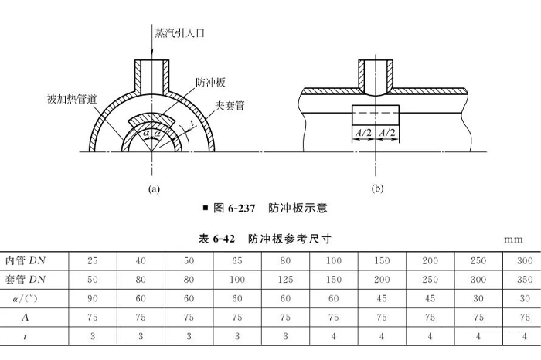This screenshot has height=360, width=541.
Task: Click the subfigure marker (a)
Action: (x=153, y=188)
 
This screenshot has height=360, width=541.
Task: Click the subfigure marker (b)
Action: (x=377, y=188)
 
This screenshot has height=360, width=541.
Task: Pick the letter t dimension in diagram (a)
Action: (x=191, y=123)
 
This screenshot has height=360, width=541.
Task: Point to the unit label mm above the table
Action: (x=513, y=239)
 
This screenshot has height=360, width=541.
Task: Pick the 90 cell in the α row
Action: (x=93, y=297)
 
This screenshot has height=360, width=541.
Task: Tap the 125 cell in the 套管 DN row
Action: (x=285, y=277)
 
